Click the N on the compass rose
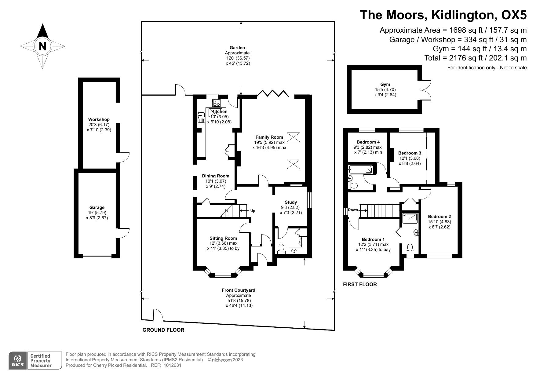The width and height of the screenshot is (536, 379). [42, 46]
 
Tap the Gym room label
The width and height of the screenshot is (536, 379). [385, 84]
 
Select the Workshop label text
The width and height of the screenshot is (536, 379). [99, 119]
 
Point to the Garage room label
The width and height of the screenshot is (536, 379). [97, 207]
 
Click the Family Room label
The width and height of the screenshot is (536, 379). [269, 137]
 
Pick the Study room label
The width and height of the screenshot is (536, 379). [291, 202]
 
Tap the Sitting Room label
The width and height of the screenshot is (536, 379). [223, 238]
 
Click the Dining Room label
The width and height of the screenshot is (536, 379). [216, 176]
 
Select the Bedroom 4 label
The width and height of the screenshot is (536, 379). [368, 142]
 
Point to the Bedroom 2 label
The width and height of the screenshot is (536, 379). [439, 217]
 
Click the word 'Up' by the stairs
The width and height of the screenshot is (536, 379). [253, 211]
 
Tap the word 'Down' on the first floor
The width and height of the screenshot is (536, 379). [353, 210]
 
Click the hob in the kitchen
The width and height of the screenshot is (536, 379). [217, 103]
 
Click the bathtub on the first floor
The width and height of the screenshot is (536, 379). [360, 169]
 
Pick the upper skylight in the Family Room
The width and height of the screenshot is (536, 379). [293, 137]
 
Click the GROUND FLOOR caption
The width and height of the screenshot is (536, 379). [163, 330]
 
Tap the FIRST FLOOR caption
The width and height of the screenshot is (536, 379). [360, 284]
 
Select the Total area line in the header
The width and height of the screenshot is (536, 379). [476, 58]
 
